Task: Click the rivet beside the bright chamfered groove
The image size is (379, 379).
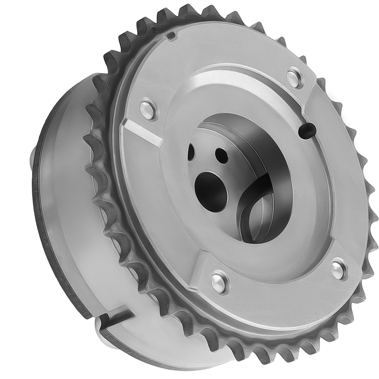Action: click(148, 108)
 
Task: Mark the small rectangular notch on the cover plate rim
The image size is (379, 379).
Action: click(171, 36)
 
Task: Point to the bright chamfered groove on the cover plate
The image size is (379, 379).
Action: click(142, 131)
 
